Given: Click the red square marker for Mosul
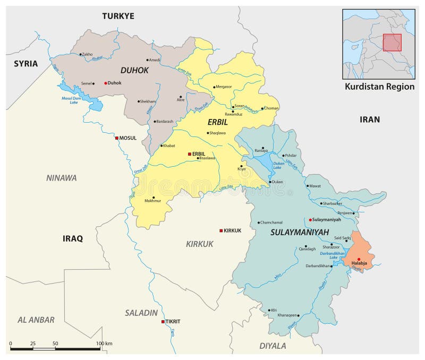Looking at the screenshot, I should point(117,138).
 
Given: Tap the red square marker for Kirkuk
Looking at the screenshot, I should point(221,230).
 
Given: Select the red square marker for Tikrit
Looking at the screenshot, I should point(163,322).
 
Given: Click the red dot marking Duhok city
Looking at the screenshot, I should point(106,83).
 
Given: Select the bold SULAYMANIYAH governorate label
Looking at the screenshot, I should point(300,232).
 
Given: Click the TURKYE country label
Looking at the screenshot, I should point(118,16).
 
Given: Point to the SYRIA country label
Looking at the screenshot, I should point(25,64).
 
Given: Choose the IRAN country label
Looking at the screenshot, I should point(370,119).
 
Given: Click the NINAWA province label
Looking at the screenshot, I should point(61,178).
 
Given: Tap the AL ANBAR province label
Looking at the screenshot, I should point(36,320).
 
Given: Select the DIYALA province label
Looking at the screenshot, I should point(273,346).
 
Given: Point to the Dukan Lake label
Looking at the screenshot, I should point(277,165).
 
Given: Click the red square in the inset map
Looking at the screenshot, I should point(392,42).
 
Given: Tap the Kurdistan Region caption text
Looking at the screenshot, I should point(379,87).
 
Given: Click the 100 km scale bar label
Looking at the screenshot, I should point(105,344).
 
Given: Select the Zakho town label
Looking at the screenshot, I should point(87,54).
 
